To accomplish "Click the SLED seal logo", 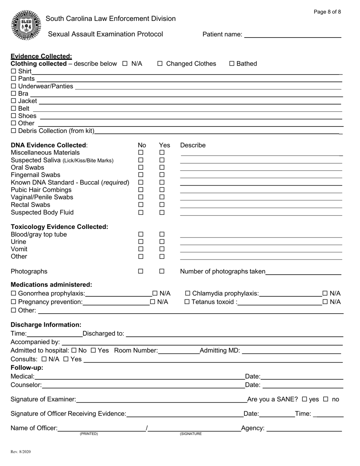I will pyautogui.click(x=27, y=25).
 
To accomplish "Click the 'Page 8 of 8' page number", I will pyautogui.click(x=327, y=12).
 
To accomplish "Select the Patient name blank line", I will pyautogui.click(x=293, y=35).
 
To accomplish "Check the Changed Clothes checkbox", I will pyautogui.click(x=160, y=64).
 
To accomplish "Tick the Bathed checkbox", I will pyautogui.click(x=232, y=64).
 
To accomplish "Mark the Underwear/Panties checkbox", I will pyautogui.click(x=14, y=86).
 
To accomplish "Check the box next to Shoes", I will pyautogui.click(x=14, y=116).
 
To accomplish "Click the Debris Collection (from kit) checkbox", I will pyautogui.click(x=14, y=131).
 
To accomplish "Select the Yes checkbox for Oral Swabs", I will pyautogui.click(x=162, y=167).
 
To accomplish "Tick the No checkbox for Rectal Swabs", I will pyautogui.click(x=141, y=205).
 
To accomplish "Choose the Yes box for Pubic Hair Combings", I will pyautogui.click(x=162, y=190).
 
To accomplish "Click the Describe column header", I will pyautogui.click(x=193, y=145).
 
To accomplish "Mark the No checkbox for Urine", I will pyautogui.click(x=141, y=242).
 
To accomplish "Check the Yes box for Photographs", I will pyautogui.click(x=162, y=271).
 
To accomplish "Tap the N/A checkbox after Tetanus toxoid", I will pyautogui.click(x=325, y=302).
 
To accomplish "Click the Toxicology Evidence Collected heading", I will pyautogui.click(x=59, y=227).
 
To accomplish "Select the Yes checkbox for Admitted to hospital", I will pyautogui.click(x=93, y=350).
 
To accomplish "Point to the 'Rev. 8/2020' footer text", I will pyautogui.click(x=21, y=452).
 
